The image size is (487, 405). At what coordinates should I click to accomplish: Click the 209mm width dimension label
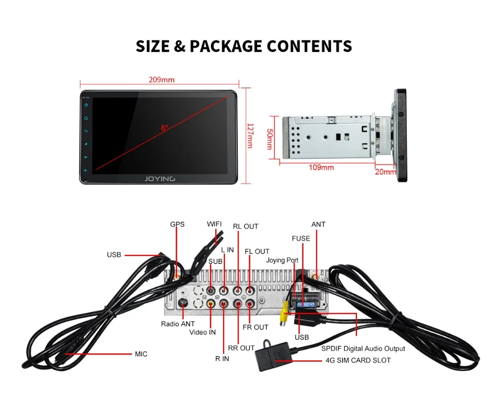pyautogui.click(x=162, y=80)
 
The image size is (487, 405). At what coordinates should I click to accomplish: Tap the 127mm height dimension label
pyautogui.click(x=249, y=136)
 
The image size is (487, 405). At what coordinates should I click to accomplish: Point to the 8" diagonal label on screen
pyautogui.click(x=164, y=128)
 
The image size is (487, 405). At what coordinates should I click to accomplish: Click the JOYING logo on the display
pyautogui.click(x=159, y=179)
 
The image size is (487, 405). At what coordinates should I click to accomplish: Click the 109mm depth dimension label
pyautogui.click(x=321, y=167)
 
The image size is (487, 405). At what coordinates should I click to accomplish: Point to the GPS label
pyautogui.click(x=177, y=224)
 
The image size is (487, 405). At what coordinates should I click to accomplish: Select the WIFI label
pyautogui.click(x=214, y=224)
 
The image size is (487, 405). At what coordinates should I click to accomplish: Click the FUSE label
pyautogui.click(x=300, y=239)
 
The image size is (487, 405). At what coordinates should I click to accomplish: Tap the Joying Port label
pyautogui.click(x=282, y=260)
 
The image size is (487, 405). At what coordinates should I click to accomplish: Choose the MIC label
pyautogui.click(x=141, y=354)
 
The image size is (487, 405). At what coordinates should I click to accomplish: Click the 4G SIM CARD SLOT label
pyautogui.click(x=357, y=361)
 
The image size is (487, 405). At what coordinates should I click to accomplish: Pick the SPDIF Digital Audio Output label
pyautogui.click(x=363, y=349)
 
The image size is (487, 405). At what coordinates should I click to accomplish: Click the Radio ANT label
pyautogui.click(x=178, y=324)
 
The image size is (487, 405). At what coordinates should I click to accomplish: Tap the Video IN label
pyautogui.click(x=202, y=332)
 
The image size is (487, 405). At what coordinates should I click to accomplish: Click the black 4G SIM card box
pyautogui.click(x=273, y=355)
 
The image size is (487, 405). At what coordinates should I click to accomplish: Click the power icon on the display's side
pyautogui.click(x=86, y=105)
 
